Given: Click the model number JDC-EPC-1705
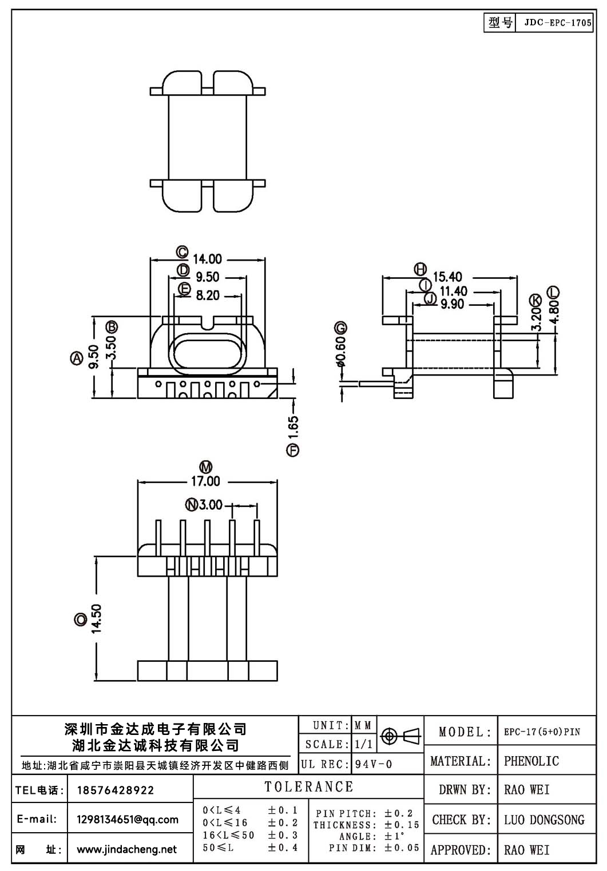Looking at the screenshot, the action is click(558, 22).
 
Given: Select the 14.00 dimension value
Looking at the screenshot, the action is click(207, 259).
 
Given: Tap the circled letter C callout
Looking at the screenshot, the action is click(183, 253).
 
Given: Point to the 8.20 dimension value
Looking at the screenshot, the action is click(208, 295).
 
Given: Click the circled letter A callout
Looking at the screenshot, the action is click(77, 358).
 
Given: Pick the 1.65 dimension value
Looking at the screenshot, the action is click(293, 427).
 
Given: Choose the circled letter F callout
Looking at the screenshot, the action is click(293, 450).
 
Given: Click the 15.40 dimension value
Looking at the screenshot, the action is click(447, 277).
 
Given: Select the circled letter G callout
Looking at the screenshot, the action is click(340, 328).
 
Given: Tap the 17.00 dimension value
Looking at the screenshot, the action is click(205, 481).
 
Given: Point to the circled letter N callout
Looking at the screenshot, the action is click(192, 505).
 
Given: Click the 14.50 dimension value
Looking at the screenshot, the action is click(96, 618).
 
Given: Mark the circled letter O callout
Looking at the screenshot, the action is click(80, 620).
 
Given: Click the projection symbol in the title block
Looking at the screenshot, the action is click(400, 736).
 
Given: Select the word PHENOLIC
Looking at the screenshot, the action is click(531, 761).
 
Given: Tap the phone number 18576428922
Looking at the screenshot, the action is click(116, 790).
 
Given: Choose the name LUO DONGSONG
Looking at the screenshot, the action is click(544, 820).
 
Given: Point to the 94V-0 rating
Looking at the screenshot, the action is click(374, 765).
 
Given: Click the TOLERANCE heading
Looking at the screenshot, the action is click(309, 786).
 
